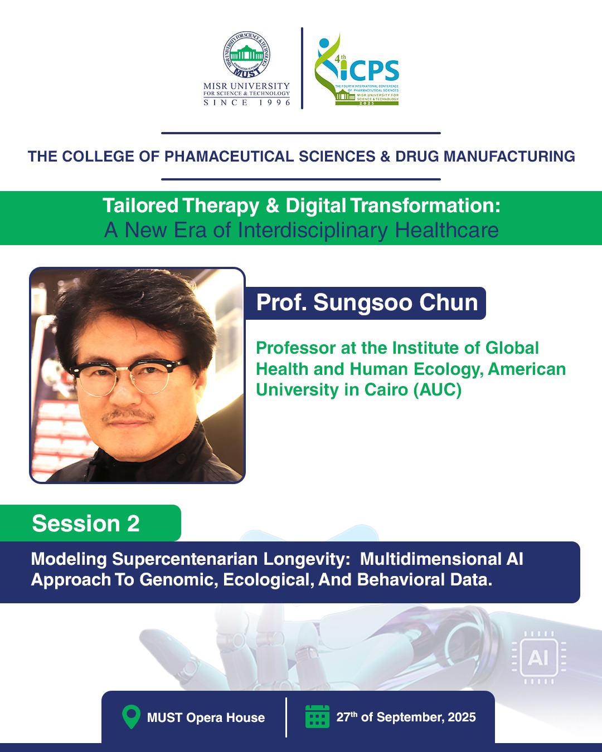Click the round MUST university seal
[246, 54]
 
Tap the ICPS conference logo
[357, 69]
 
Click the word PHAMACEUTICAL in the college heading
[229, 156]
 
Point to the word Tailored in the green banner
[140, 206]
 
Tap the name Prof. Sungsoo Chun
[367, 302]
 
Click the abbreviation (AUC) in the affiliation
[437, 390]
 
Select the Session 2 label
[86, 523]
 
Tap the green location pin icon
[131, 717]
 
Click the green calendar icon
[317, 716]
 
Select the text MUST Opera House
[206, 717]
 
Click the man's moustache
[128, 415]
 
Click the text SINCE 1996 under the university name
[246, 102]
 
